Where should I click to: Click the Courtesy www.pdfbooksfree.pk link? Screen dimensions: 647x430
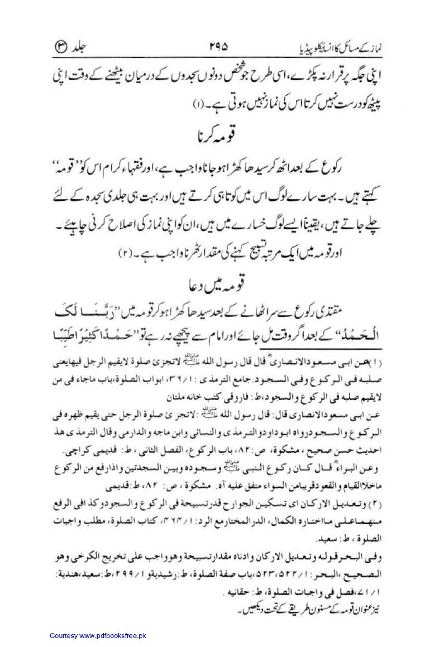click(x=98, y=635)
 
